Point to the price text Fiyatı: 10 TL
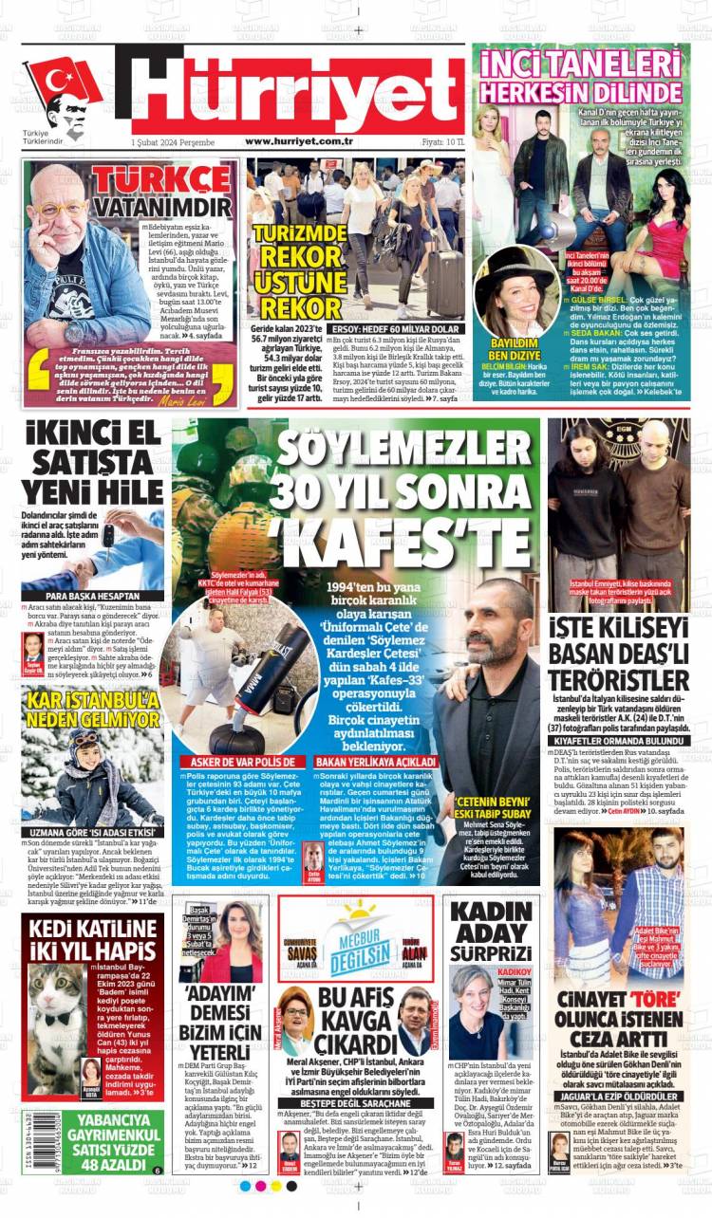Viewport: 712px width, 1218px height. pos(442,141)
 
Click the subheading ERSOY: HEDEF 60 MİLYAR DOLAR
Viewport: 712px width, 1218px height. pos(394,329)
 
